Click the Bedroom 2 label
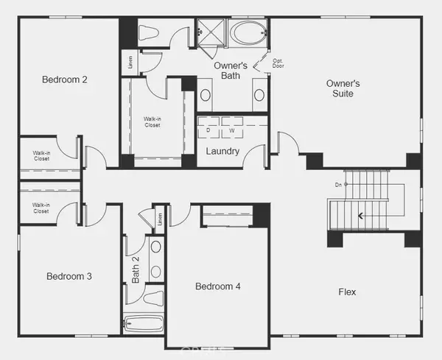(65, 80)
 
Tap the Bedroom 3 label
(69, 277)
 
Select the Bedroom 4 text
(217, 286)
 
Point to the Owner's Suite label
(343, 88)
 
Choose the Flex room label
(347, 292)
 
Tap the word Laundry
(222, 151)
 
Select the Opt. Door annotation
(278, 63)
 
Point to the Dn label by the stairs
(337, 184)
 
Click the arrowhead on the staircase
(360, 216)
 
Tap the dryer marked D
(208, 131)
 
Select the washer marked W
(231, 131)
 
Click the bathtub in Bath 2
(143, 323)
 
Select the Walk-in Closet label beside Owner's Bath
(152, 121)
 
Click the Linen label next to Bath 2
(159, 219)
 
